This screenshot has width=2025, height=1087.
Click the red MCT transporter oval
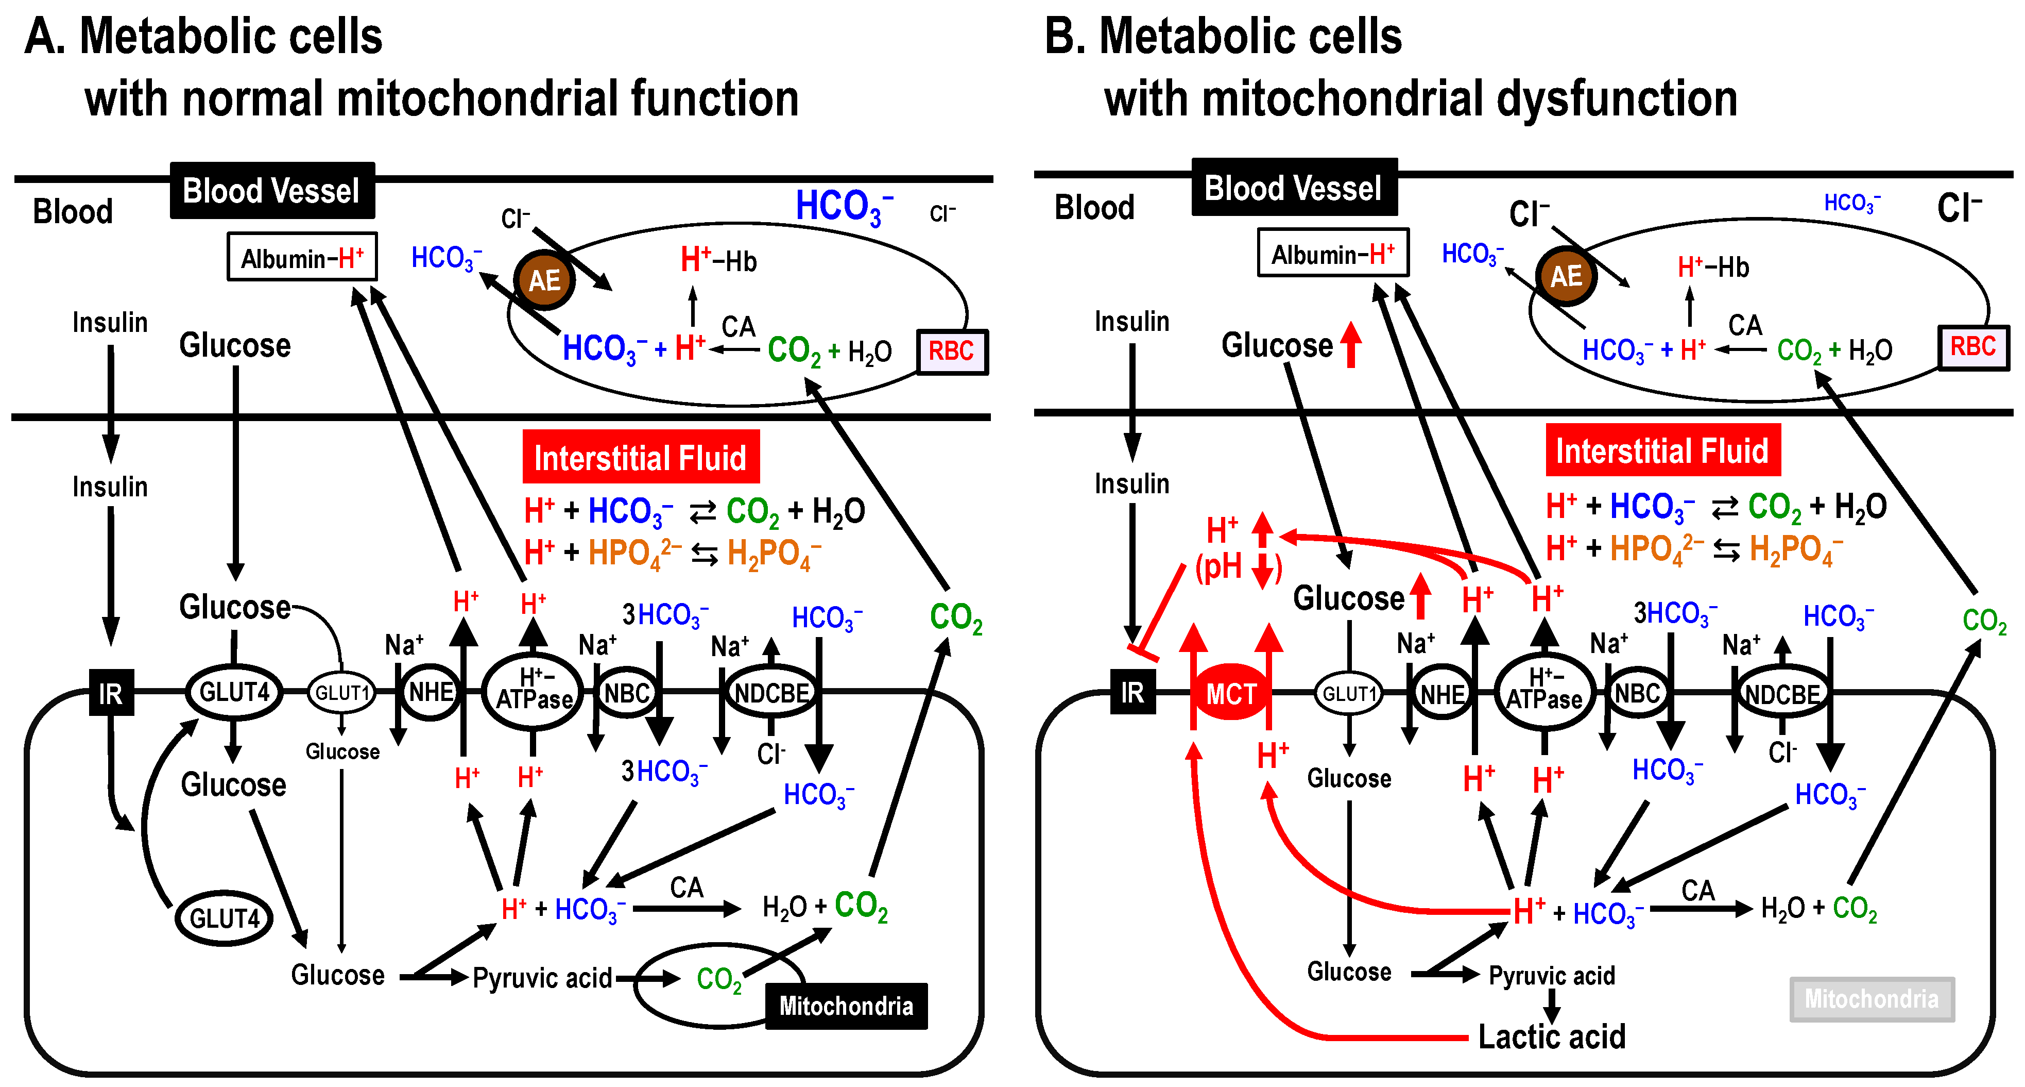pyautogui.click(x=1231, y=694)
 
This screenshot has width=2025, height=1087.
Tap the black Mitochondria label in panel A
pyautogui.click(x=846, y=1006)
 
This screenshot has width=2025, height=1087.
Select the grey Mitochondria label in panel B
pyautogui.click(x=1871, y=999)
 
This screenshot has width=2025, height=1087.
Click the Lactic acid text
pyautogui.click(x=1551, y=1036)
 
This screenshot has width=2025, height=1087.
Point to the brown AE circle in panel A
pyautogui.click(x=544, y=280)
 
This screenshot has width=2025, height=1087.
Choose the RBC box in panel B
pyautogui.click(x=1972, y=346)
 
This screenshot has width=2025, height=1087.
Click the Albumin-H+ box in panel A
pyautogui.click(x=302, y=257)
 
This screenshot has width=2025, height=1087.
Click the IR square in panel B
pyautogui.click(x=1132, y=692)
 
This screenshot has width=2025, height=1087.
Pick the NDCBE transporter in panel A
pyautogui.click(x=771, y=693)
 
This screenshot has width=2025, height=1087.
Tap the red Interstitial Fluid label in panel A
pyautogui.click(x=640, y=457)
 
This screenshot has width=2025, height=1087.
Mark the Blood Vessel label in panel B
pyautogui.click(x=1293, y=188)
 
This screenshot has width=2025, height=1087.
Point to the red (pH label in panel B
pyautogui.click(x=1219, y=566)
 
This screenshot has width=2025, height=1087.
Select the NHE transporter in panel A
pyautogui.click(x=431, y=692)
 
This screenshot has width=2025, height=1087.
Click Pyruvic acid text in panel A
pyautogui.click(x=542, y=978)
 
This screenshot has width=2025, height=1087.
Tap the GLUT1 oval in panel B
pyautogui.click(x=1348, y=694)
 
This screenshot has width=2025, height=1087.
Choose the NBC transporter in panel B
pyautogui.click(x=1637, y=693)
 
